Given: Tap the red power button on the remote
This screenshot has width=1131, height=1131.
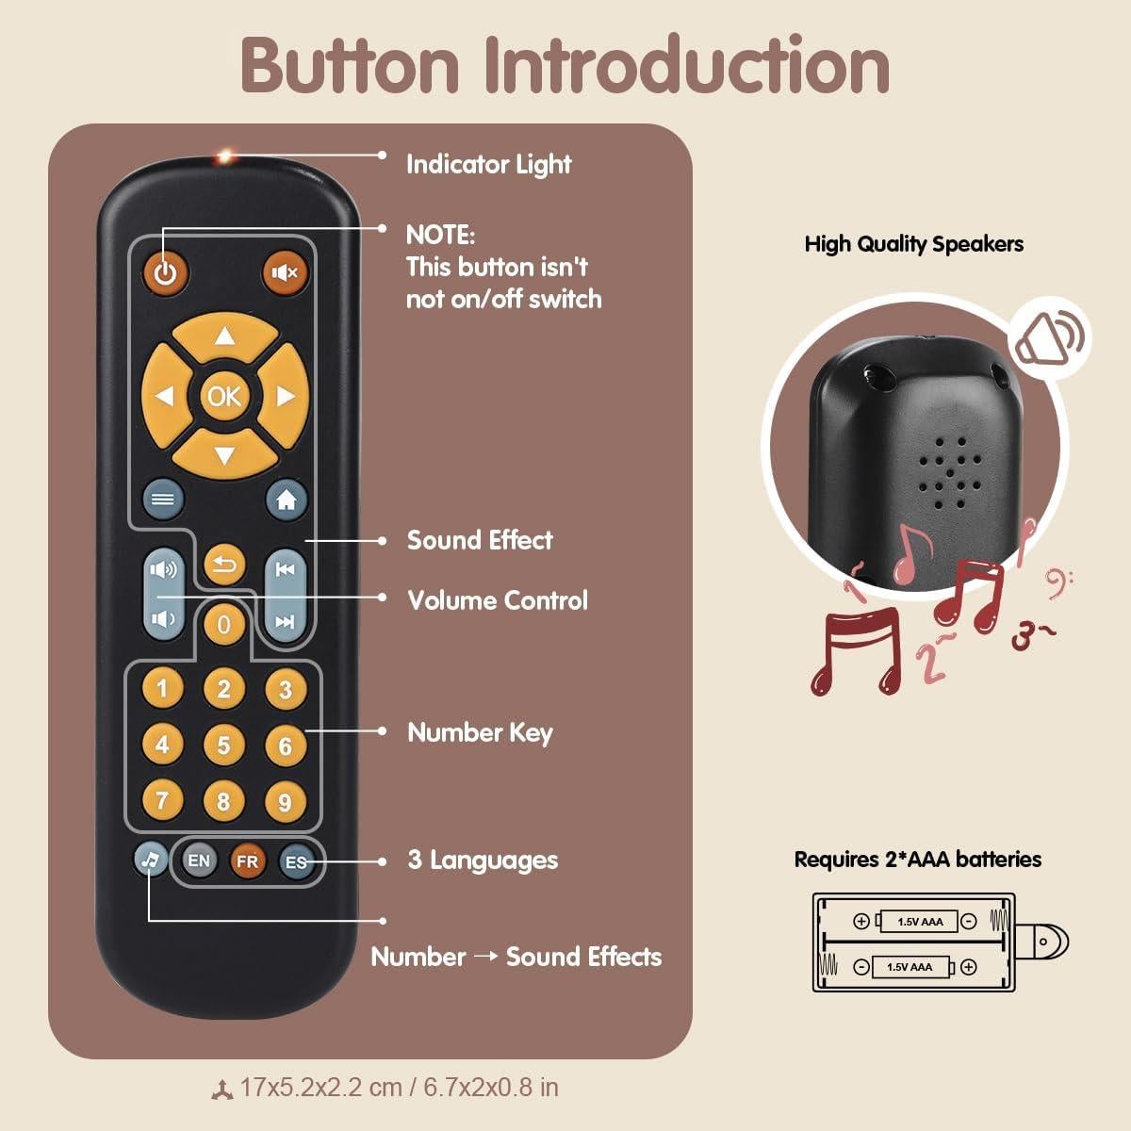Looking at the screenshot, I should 166,273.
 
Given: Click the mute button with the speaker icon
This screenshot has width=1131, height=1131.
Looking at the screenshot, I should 285,272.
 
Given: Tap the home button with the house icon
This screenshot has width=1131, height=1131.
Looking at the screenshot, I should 287,500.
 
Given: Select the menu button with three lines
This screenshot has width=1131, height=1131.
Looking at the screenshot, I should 163,500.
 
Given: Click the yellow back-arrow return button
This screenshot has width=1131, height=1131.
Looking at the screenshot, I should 224,565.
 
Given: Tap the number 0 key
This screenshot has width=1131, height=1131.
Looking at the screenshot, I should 223,624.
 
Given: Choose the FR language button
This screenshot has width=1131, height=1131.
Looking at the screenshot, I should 247,861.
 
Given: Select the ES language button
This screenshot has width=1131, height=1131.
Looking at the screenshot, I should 296,861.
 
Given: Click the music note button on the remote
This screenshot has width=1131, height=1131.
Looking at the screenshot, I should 151,859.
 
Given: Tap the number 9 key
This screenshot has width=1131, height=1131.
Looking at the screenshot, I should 285,802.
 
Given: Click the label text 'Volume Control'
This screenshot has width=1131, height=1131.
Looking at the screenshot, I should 497,600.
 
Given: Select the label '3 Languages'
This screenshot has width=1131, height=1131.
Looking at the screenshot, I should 483,860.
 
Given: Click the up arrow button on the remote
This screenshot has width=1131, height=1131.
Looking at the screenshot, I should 224,336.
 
